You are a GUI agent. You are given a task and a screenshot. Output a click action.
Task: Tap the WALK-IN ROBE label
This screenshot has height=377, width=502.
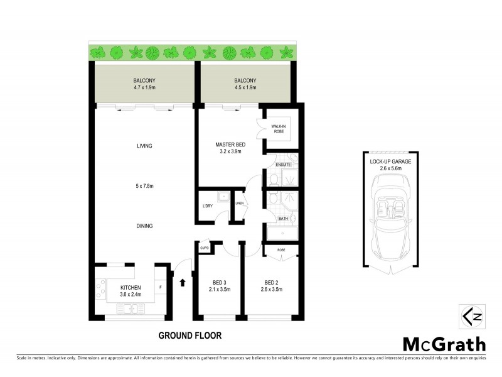pos(279,129)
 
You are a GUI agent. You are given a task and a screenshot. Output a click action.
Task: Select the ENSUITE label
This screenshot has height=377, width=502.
pos(284,165)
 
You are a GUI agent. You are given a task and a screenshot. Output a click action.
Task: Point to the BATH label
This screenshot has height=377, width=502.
pos(283,219)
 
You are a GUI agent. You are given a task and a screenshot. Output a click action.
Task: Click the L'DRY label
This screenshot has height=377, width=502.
pos(208,207)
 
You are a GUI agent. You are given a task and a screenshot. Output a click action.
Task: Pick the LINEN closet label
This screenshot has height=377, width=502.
pos(239,203)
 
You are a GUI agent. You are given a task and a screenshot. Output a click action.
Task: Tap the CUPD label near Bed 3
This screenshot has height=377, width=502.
pos(204,248)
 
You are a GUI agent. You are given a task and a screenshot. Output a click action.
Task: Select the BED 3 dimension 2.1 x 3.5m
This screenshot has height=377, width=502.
pos(220,290)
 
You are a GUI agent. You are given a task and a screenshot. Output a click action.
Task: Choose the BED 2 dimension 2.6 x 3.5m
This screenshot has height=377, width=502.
pos(271,290)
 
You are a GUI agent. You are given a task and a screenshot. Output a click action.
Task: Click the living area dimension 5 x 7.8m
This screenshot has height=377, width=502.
pos(145,186)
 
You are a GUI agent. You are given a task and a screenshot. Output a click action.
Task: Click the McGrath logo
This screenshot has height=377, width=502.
pos(443,344)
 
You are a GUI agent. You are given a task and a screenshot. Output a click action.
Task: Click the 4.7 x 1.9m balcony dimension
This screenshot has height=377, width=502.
pos(145,89)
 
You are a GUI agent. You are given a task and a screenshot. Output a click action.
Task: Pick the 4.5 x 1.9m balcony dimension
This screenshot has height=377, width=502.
pos(245,89)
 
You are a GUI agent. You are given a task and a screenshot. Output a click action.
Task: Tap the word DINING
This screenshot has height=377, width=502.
pos(145,226)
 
